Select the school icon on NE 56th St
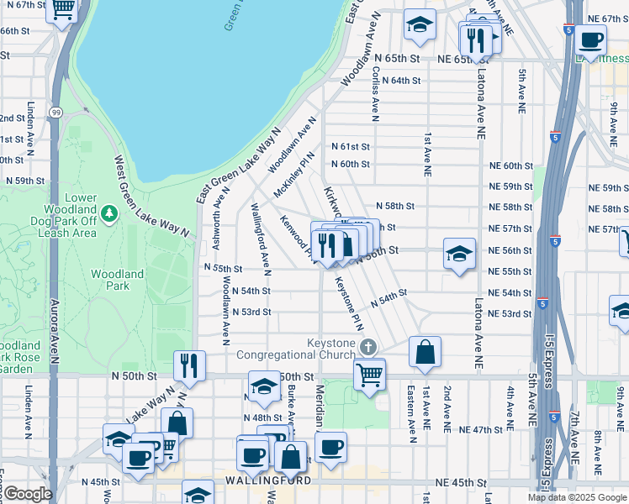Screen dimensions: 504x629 (458, 255)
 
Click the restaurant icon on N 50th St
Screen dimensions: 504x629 (189, 365)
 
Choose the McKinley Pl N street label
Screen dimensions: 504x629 (293, 175)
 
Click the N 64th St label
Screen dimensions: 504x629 (400, 81)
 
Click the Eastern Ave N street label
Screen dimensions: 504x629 (412, 413)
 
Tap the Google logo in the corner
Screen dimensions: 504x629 (28, 494)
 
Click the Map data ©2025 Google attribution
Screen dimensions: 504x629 (576, 497)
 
